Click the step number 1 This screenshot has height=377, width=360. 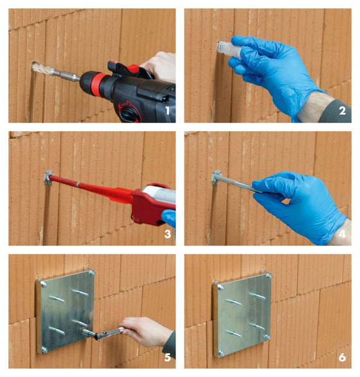tap(167, 111)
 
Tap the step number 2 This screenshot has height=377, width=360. tap(343, 111)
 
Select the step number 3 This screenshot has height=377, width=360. tap(168, 234)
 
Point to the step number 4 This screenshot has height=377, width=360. tap(342, 234)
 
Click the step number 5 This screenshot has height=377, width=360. tap(168, 357)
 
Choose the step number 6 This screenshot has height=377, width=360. tap(343, 357)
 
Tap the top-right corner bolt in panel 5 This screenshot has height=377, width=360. tap(91, 273)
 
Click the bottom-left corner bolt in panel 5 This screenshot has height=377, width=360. tap(44, 349)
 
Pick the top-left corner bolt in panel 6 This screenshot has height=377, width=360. tap(221, 287)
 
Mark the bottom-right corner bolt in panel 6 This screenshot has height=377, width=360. tap(267, 337)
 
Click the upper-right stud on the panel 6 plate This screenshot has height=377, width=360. tap(258, 296)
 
